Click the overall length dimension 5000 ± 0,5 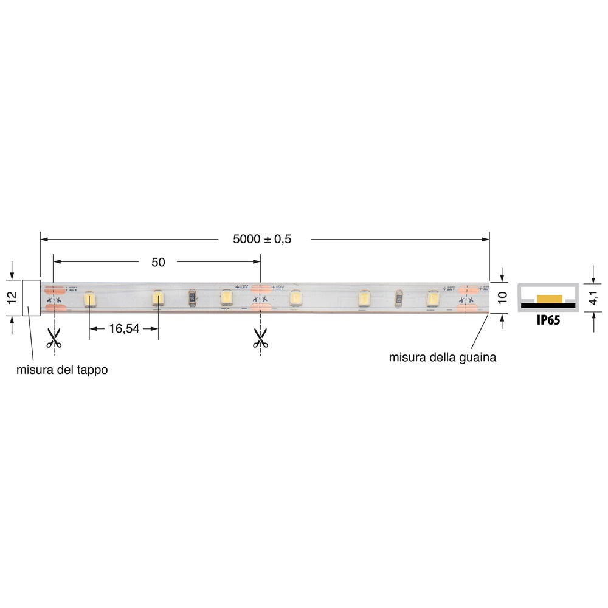tap(262, 239)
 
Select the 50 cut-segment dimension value tap(158, 262)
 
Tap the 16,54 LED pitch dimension tap(124, 329)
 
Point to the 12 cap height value tap(11, 297)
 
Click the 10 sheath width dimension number tap(502, 298)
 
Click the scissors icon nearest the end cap tap(54, 337)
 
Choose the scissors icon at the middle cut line tap(260, 337)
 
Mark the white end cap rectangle tap(31, 297)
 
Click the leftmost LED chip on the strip tap(89, 298)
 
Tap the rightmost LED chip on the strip tap(432, 298)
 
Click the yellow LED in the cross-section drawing tap(551, 297)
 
